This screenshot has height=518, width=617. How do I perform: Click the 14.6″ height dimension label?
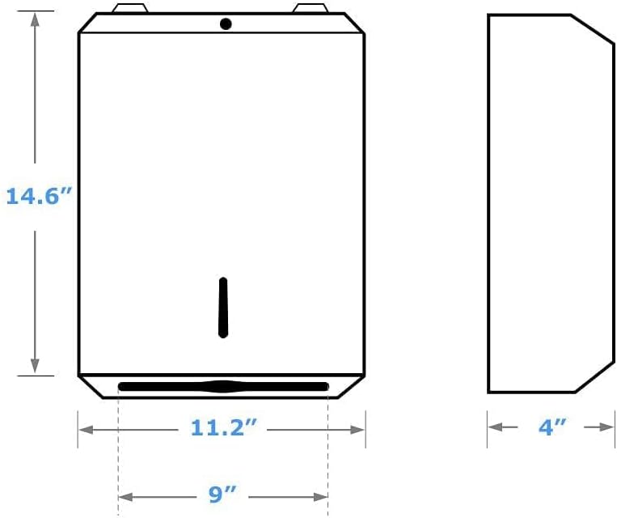tap(34, 196)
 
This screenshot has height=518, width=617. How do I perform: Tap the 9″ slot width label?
tap(223, 495)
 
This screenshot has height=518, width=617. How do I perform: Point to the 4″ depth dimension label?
tap(552, 427)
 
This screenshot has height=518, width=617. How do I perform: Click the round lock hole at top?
tap(226, 24)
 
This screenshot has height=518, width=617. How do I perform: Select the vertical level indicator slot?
tap(223, 307)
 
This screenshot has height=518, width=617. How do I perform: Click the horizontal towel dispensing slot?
tap(223, 386)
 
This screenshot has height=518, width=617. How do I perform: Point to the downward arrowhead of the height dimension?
tap(35, 367)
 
